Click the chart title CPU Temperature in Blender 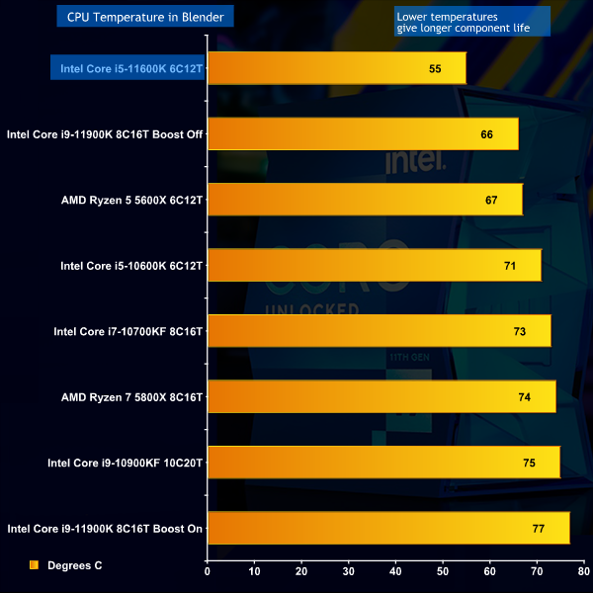(144, 16)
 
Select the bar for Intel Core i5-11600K (336, 68)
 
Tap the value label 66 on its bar (486, 133)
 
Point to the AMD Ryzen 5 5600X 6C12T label (131, 200)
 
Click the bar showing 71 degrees (374, 265)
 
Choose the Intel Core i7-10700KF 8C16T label (127, 331)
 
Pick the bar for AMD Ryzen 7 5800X (381, 396)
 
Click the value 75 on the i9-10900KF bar (529, 463)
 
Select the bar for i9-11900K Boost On (388, 528)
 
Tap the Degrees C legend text (74, 565)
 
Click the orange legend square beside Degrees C (34, 565)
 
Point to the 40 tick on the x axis (395, 570)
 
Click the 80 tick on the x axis (583, 570)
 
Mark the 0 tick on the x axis (208, 570)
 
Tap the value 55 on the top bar (435, 68)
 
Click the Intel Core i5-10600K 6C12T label (131, 265)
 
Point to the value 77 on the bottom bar (539, 528)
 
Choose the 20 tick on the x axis (301, 570)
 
